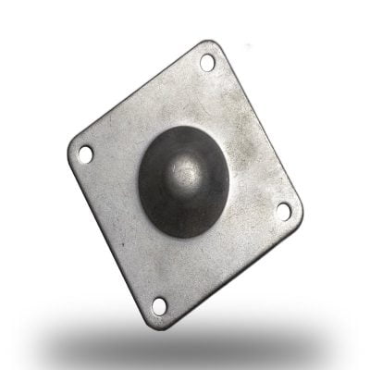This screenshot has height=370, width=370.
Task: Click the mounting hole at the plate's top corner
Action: click(206, 63)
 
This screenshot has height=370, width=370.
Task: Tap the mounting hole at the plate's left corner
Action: click(85, 153)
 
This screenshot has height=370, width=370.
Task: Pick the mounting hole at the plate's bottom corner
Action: click(159, 303)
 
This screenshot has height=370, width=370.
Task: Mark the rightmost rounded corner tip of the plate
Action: click(301, 215)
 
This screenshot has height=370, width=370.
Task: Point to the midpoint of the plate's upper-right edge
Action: click(260, 128)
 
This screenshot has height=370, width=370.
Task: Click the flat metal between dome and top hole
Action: click(199, 102)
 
